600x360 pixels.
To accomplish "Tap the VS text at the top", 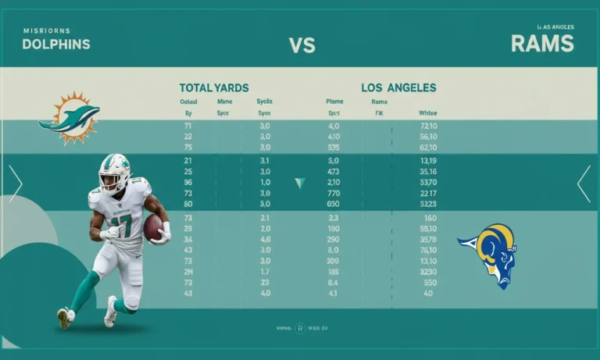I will click(302, 45).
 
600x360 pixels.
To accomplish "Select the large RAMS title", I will click(542, 43).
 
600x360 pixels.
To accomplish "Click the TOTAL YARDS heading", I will click(214, 88).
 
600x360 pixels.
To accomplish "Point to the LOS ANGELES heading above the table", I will click(398, 88).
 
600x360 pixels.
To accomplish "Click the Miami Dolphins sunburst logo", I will click(70, 118).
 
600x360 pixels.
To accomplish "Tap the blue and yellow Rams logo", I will click(488, 251).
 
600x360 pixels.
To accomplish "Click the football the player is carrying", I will click(153, 227).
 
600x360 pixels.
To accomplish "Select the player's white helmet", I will click(114, 173).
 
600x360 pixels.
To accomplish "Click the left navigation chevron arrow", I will click(16, 184).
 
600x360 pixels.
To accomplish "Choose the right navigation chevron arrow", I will click(584, 184).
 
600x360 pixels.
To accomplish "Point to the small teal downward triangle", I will click(299, 183).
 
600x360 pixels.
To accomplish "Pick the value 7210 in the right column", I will click(428, 126).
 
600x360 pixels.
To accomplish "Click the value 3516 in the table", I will click(428, 171).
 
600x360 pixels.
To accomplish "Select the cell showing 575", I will click(334, 148).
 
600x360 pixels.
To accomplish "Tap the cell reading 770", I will click(334, 193).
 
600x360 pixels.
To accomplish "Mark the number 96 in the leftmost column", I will click(187, 182).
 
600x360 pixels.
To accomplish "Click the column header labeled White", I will click(428, 112).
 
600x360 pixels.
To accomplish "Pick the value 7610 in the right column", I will click(428, 250).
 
